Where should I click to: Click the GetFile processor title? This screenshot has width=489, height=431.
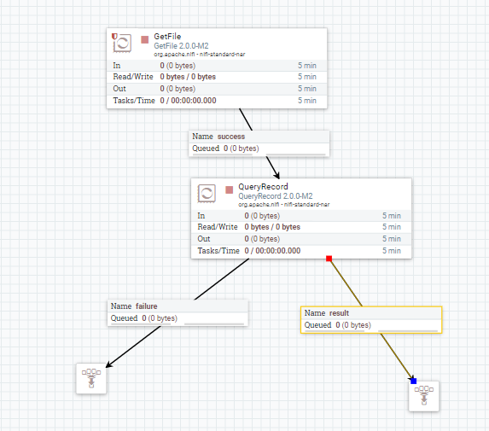(167, 36)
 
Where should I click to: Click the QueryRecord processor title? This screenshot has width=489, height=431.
(263, 187)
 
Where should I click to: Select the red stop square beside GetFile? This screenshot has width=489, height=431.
(145, 39)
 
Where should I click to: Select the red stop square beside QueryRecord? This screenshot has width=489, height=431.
(230, 190)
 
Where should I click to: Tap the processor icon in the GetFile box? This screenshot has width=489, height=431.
(122, 43)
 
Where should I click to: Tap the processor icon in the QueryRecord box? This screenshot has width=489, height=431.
(207, 194)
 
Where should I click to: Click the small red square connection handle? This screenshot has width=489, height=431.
(329, 259)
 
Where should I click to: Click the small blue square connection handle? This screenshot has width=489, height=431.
(414, 381)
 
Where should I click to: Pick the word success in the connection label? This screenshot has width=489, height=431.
(231, 137)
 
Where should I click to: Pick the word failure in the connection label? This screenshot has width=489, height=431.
(147, 306)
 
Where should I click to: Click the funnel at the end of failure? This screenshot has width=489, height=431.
(91, 378)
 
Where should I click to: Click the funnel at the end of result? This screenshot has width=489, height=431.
(424, 396)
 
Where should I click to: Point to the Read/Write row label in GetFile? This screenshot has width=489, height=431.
(133, 77)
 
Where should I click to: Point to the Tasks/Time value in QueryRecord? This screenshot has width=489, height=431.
(272, 251)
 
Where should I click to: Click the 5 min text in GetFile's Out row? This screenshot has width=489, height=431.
(307, 89)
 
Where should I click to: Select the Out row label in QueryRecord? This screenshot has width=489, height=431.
(204, 239)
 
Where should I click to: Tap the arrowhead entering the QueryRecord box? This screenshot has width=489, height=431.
(277, 175)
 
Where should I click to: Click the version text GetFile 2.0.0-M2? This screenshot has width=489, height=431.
(181, 46)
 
